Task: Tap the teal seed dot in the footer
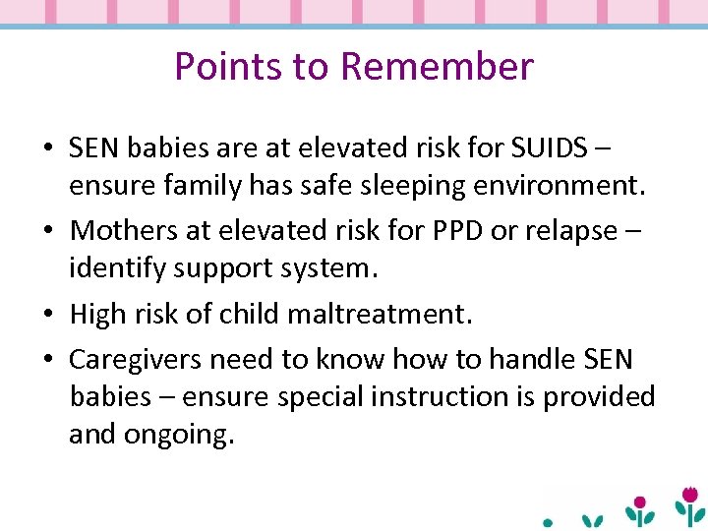549,523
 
